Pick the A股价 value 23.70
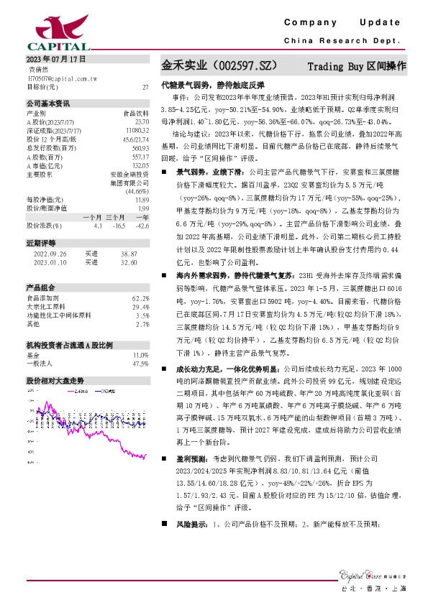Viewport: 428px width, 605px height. pos(142,121)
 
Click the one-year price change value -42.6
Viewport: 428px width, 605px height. pos(142,225)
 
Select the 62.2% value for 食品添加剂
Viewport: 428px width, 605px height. pos(141,297)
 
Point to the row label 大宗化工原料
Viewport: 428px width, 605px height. pos(44,306)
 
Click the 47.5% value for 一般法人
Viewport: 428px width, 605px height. pos(141,364)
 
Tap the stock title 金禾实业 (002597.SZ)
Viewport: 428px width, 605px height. pos(218,66)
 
